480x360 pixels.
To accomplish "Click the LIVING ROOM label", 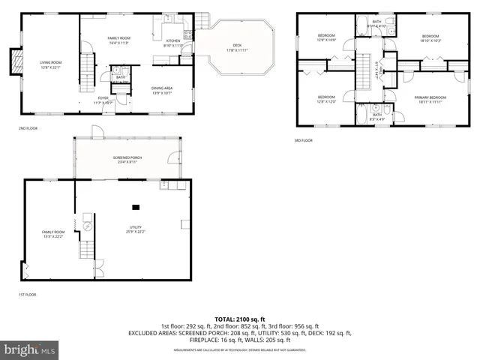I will [x=50, y=64].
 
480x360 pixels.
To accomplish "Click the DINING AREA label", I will [x=163, y=90].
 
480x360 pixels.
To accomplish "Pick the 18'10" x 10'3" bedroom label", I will [x=430, y=38].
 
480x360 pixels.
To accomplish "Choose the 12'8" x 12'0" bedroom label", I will [x=326, y=99].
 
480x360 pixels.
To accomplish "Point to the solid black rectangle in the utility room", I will [x=136, y=207].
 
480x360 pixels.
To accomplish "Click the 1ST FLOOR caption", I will [x=28, y=295].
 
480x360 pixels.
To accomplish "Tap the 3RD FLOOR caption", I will [x=303, y=140].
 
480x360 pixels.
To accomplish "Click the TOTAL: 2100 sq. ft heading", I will [x=239, y=319].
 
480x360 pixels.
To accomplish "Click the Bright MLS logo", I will [x=30, y=349].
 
